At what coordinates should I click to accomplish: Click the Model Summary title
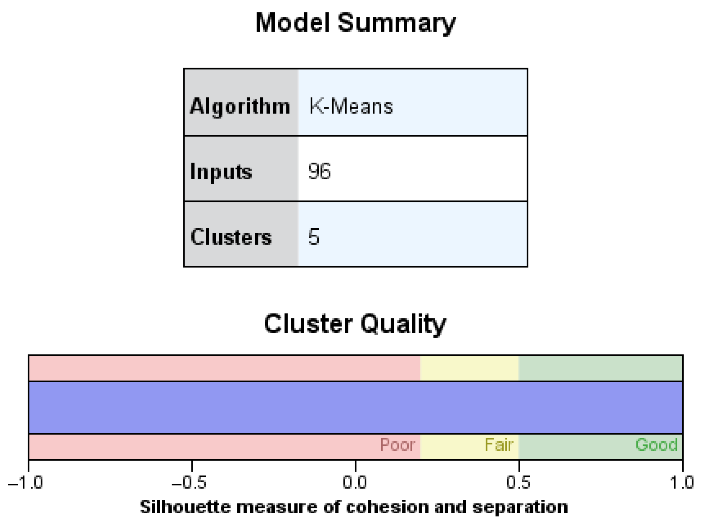(355, 23)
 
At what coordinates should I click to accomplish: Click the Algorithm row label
(240, 106)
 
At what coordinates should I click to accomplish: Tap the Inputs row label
(221, 172)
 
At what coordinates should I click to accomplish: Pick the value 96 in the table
(319, 171)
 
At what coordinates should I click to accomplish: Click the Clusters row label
(231, 237)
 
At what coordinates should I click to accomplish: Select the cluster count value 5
(314, 237)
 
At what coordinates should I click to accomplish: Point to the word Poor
(397, 445)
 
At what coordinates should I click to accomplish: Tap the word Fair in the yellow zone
(499, 445)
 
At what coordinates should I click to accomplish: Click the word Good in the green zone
(656, 445)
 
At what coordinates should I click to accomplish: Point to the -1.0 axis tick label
(26, 483)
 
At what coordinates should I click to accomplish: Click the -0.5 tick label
(189, 483)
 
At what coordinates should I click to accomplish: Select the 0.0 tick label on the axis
(355, 483)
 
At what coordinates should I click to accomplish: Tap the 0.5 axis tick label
(518, 483)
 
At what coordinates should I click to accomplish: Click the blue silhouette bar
(355, 408)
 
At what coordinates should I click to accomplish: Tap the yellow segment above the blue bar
(469, 368)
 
